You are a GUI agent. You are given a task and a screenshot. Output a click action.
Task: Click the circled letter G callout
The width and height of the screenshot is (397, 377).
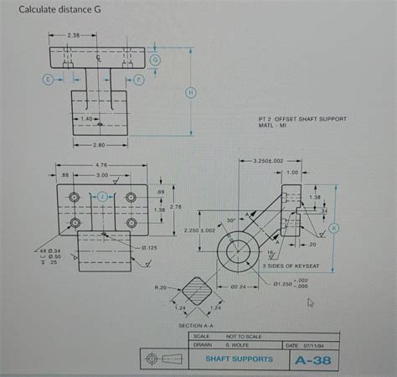coord(156,62)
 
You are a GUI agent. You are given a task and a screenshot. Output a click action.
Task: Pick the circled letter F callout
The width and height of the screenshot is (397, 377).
coord(139,79)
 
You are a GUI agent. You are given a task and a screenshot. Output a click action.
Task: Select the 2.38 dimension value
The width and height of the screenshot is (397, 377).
coord(73,36)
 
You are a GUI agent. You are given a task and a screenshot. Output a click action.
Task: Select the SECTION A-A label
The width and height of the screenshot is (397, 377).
coord(195,324)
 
